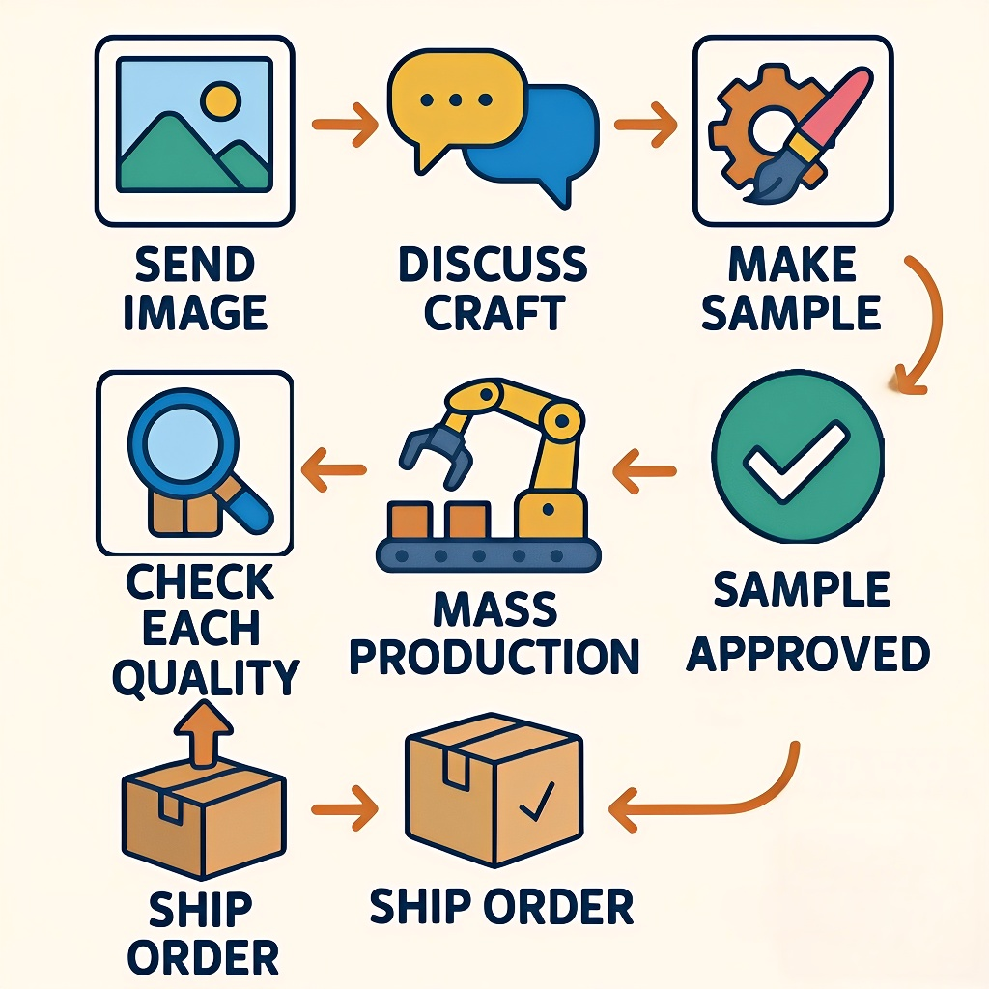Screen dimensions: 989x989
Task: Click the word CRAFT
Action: pos(494,313)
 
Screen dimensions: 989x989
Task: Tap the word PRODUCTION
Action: pos(494,656)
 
